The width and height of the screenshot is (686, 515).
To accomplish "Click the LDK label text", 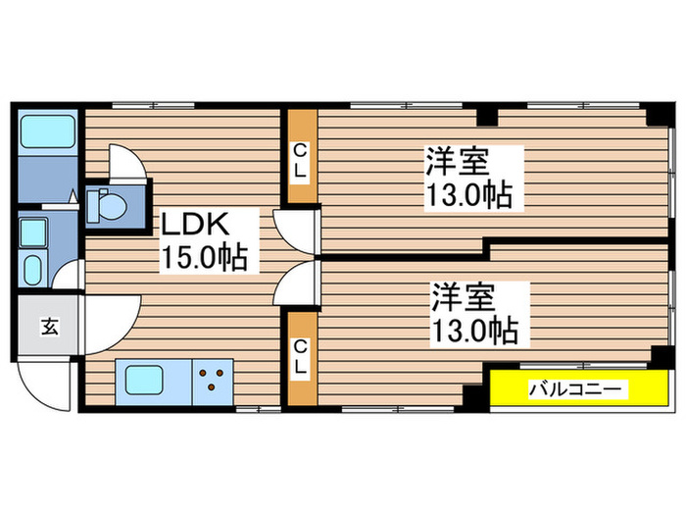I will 197,225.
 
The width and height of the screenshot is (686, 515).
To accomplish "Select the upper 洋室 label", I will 458,161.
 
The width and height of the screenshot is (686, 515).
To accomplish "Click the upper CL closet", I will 302,158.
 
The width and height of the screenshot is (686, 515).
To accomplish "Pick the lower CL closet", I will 302,357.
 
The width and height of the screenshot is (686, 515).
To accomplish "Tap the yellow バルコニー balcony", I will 575,389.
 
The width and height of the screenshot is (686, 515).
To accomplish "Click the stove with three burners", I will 212,380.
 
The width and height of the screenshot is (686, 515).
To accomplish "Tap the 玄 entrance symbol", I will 48,328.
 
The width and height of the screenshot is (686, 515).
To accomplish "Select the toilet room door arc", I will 125,163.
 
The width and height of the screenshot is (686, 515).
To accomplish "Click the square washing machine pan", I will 33,232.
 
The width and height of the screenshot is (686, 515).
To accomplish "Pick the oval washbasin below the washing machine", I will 30,268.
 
